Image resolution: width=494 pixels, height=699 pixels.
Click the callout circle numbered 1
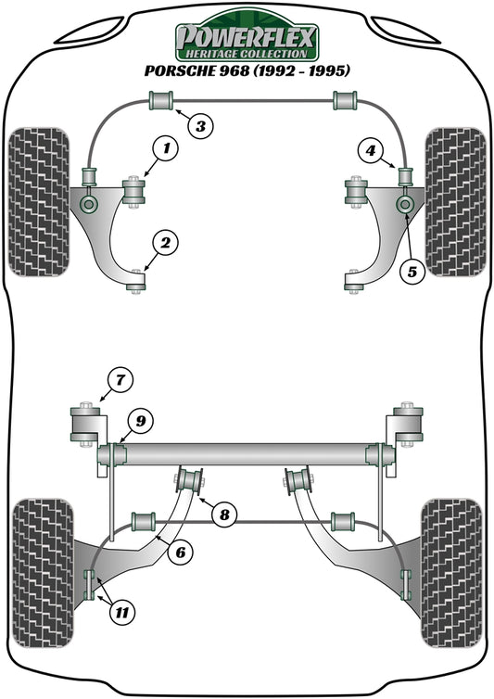[x=165, y=147]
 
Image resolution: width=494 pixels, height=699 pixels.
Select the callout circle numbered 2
[x=165, y=245]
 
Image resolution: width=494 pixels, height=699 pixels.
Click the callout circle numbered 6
[x=180, y=552]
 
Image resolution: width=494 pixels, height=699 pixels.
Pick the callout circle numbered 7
[x=118, y=378]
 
